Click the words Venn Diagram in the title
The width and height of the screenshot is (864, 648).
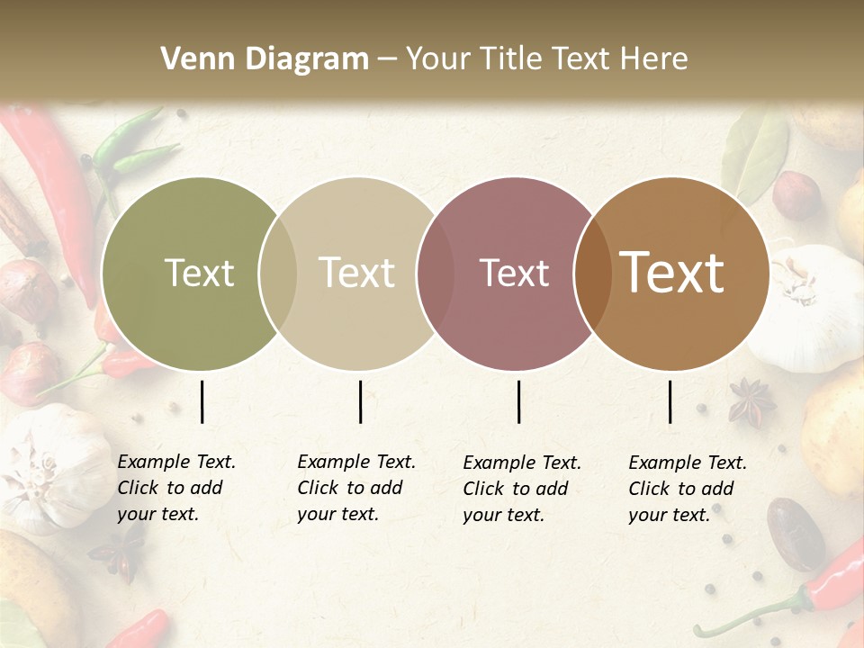click(265, 59)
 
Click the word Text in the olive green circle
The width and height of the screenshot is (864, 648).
click(199, 273)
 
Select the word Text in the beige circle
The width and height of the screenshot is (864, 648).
click(357, 273)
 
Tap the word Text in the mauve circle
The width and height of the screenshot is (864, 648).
click(514, 273)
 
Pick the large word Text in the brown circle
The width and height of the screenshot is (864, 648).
click(672, 273)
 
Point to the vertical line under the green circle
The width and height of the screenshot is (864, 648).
click(202, 401)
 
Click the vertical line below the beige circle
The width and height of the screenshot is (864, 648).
click(360, 401)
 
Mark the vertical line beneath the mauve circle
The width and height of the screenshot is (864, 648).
click(518, 401)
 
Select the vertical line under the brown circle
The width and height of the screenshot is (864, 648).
click(670, 401)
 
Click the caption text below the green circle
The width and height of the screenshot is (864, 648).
click(175, 488)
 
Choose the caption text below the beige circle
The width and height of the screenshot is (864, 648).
click(355, 488)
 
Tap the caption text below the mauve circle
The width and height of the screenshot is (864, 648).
click(521, 489)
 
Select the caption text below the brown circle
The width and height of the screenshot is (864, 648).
click(687, 489)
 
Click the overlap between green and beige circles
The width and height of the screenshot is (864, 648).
click(277, 274)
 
